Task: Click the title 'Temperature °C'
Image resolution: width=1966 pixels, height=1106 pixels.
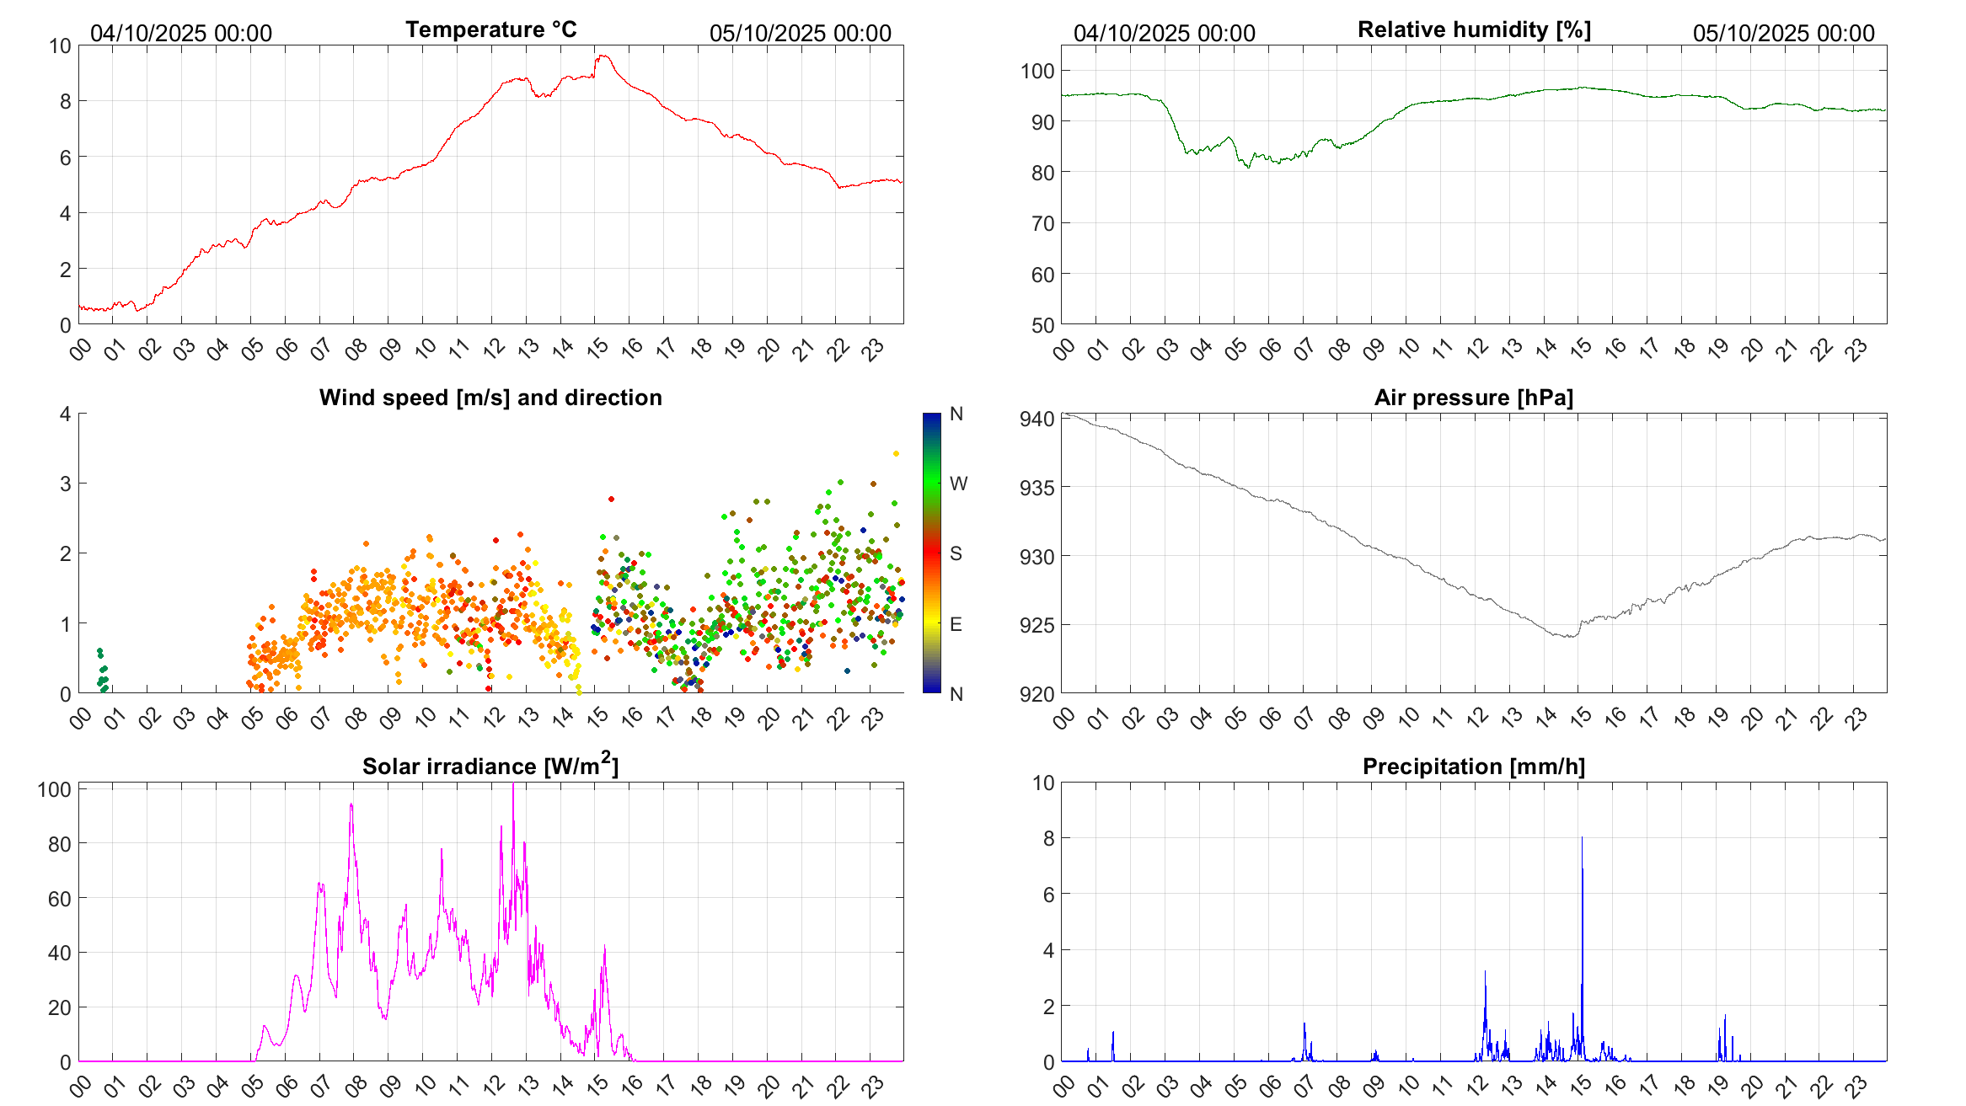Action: (490, 29)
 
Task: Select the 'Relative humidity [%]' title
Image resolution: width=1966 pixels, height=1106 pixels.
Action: (1474, 29)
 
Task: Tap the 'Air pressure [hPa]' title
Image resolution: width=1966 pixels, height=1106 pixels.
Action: (1473, 398)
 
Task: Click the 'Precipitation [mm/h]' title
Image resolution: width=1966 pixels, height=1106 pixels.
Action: (1473, 767)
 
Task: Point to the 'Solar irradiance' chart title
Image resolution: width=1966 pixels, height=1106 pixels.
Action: (490, 766)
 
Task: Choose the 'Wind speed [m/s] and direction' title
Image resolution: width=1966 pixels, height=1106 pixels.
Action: (490, 398)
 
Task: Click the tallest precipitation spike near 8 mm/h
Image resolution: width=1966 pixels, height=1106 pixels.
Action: (1582, 839)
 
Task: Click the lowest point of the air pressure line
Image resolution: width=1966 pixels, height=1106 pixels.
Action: (1568, 637)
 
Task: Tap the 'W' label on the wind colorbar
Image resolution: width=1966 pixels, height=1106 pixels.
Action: (958, 484)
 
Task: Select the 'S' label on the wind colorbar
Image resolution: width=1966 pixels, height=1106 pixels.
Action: (956, 553)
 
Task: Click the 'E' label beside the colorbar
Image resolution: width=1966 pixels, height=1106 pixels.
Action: (956, 624)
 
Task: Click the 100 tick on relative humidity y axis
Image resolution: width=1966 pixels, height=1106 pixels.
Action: (1037, 71)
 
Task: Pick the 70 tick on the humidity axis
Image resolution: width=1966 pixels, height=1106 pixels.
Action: (1042, 223)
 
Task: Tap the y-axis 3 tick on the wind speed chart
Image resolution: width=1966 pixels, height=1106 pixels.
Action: (65, 484)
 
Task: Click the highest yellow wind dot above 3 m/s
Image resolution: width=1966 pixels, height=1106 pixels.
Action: (896, 453)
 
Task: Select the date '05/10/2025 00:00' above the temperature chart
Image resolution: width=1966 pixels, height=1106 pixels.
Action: (800, 33)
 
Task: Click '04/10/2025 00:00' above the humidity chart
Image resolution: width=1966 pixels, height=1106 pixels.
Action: (1164, 33)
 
